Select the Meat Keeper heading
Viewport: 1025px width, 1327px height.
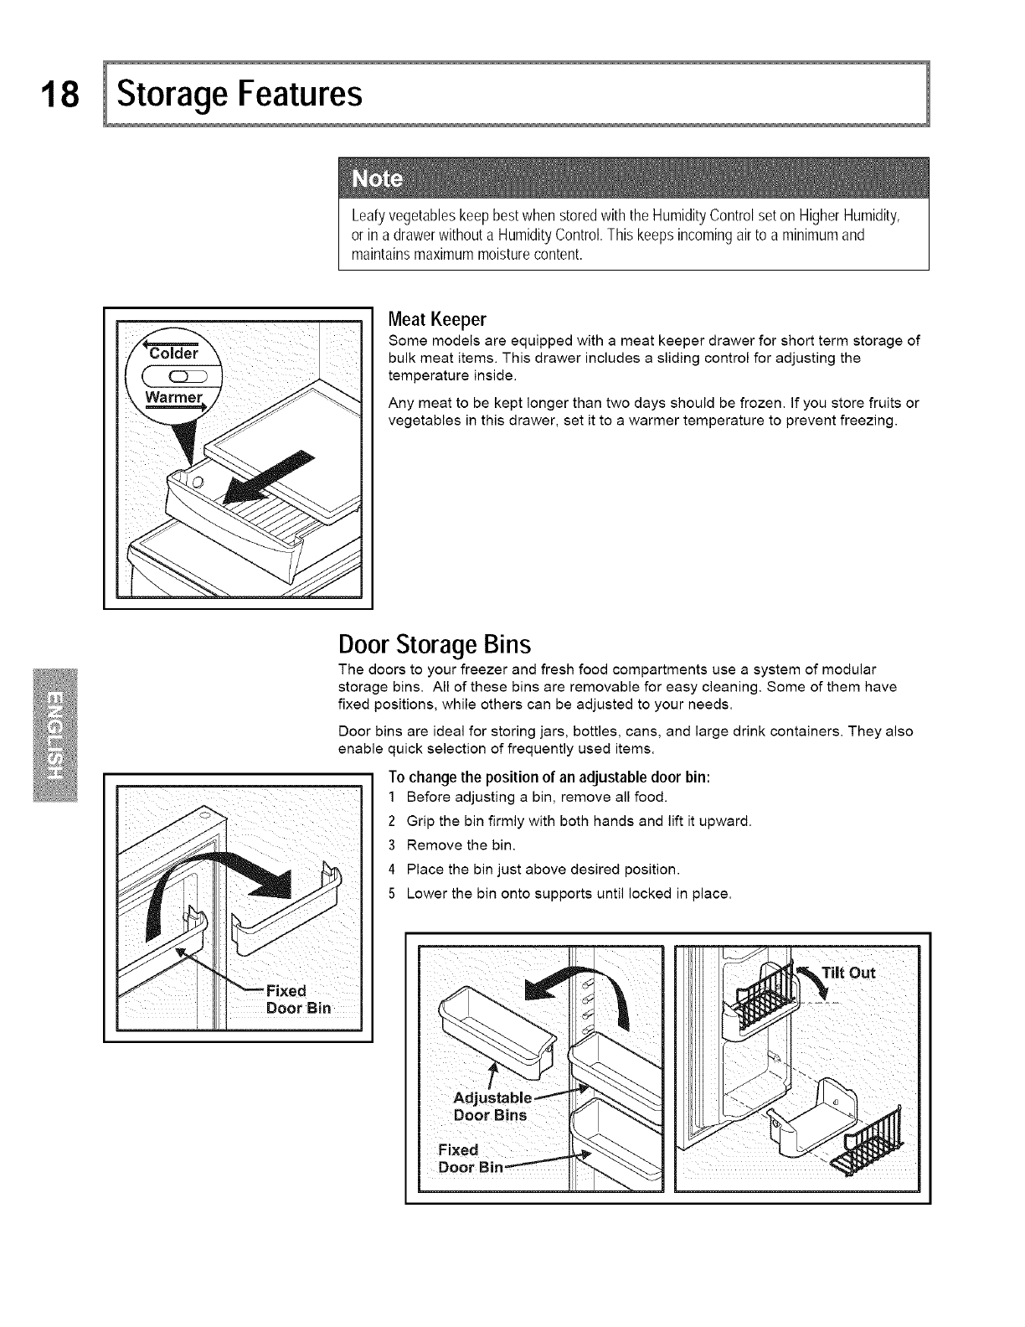pos(437,320)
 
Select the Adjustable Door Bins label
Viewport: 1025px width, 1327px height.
pos(491,1106)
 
